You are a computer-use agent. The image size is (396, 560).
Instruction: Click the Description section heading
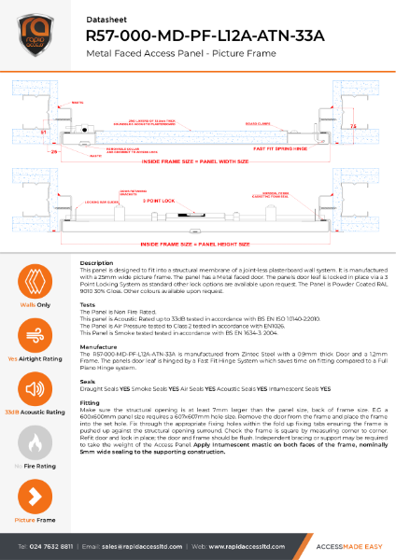pos(97,263)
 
